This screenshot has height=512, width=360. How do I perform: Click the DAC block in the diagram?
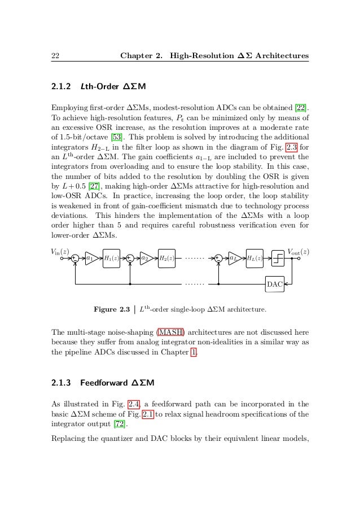click(x=274, y=283)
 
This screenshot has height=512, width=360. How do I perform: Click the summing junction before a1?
click(x=75, y=259)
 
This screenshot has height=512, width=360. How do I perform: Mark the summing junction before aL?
click(x=218, y=259)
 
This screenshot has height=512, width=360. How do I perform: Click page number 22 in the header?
click(x=55, y=56)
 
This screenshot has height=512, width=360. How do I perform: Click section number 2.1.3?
click(x=62, y=383)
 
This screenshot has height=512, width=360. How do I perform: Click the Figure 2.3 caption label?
click(x=112, y=309)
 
